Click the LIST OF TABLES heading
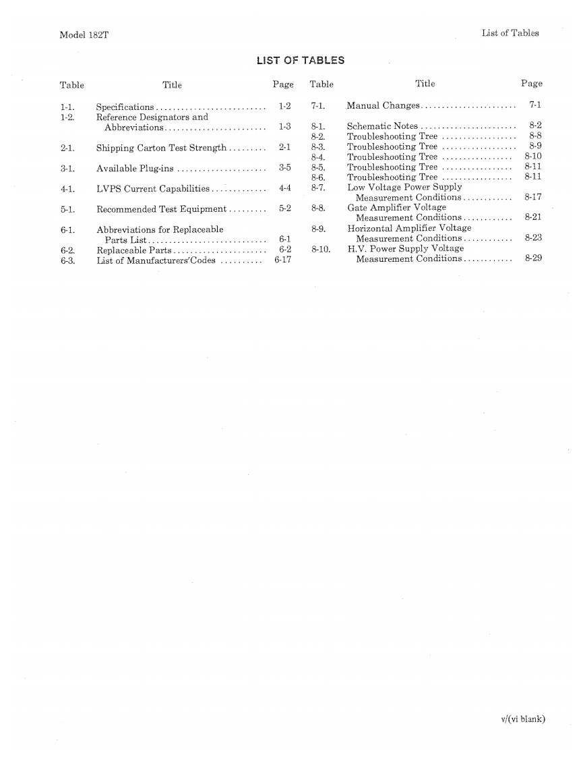coord(301,61)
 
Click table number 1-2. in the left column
coord(67,117)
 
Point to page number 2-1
coord(284,148)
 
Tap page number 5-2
coord(284,208)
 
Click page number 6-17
coord(282,260)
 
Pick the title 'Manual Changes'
coord(383,105)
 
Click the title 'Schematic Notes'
coord(382,126)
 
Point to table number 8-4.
coord(318,157)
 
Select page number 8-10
coord(532,157)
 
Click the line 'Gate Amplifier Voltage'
coord(396,208)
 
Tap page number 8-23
coord(532,238)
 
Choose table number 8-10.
coord(321,248)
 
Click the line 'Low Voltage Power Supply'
coord(404,188)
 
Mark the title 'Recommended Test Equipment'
coord(161,209)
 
